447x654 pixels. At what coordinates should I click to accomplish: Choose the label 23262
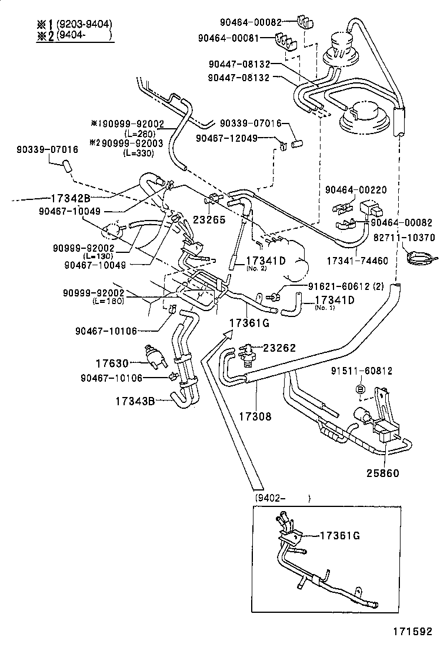pos(281,348)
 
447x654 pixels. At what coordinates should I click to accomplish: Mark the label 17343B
pos(135,401)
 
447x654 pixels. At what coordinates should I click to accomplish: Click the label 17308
pos(255,416)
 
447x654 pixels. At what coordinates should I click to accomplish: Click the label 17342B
pos(69,198)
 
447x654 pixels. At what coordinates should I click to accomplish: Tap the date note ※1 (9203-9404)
pos(73,24)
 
